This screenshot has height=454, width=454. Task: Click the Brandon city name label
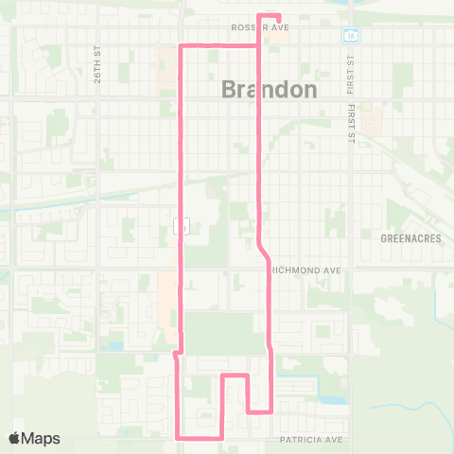point(270,89)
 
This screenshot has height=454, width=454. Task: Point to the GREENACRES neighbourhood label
point(410,238)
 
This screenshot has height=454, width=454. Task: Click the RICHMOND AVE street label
point(306,270)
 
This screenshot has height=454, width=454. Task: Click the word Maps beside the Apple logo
point(42,438)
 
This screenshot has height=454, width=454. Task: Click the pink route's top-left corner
point(182,44)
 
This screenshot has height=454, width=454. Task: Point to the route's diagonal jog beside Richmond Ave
point(264,252)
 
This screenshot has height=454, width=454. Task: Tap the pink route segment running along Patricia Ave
point(200,438)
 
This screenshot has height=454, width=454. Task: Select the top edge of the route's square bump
point(235,375)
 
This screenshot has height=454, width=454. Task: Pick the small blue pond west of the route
point(115,346)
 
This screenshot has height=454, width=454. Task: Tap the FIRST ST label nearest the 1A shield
point(349,68)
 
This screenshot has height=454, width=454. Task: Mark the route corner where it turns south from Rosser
point(260,44)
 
